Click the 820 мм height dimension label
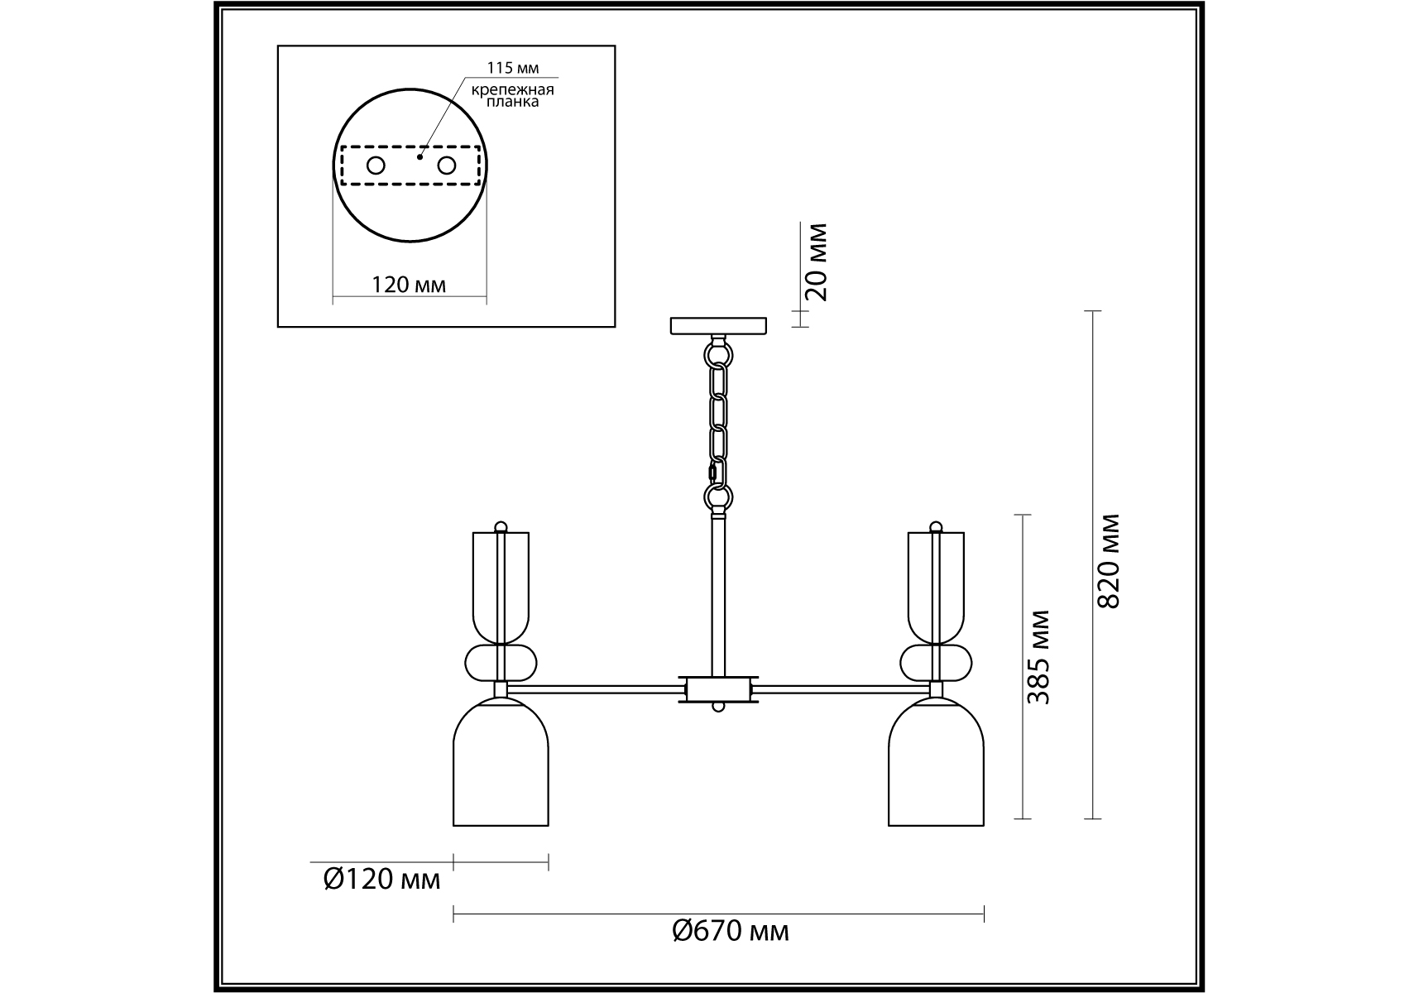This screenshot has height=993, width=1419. (x=1109, y=560)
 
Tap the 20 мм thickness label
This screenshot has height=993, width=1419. (x=816, y=261)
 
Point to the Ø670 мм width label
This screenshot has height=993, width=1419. (x=731, y=931)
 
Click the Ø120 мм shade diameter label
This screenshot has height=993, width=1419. (x=381, y=878)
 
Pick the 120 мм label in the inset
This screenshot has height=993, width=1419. (x=409, y=285)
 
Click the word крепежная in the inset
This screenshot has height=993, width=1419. (x=513, y=89)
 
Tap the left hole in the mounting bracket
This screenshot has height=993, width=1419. (x=376, y=165)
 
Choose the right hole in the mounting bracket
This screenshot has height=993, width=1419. (x=447, y=165)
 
